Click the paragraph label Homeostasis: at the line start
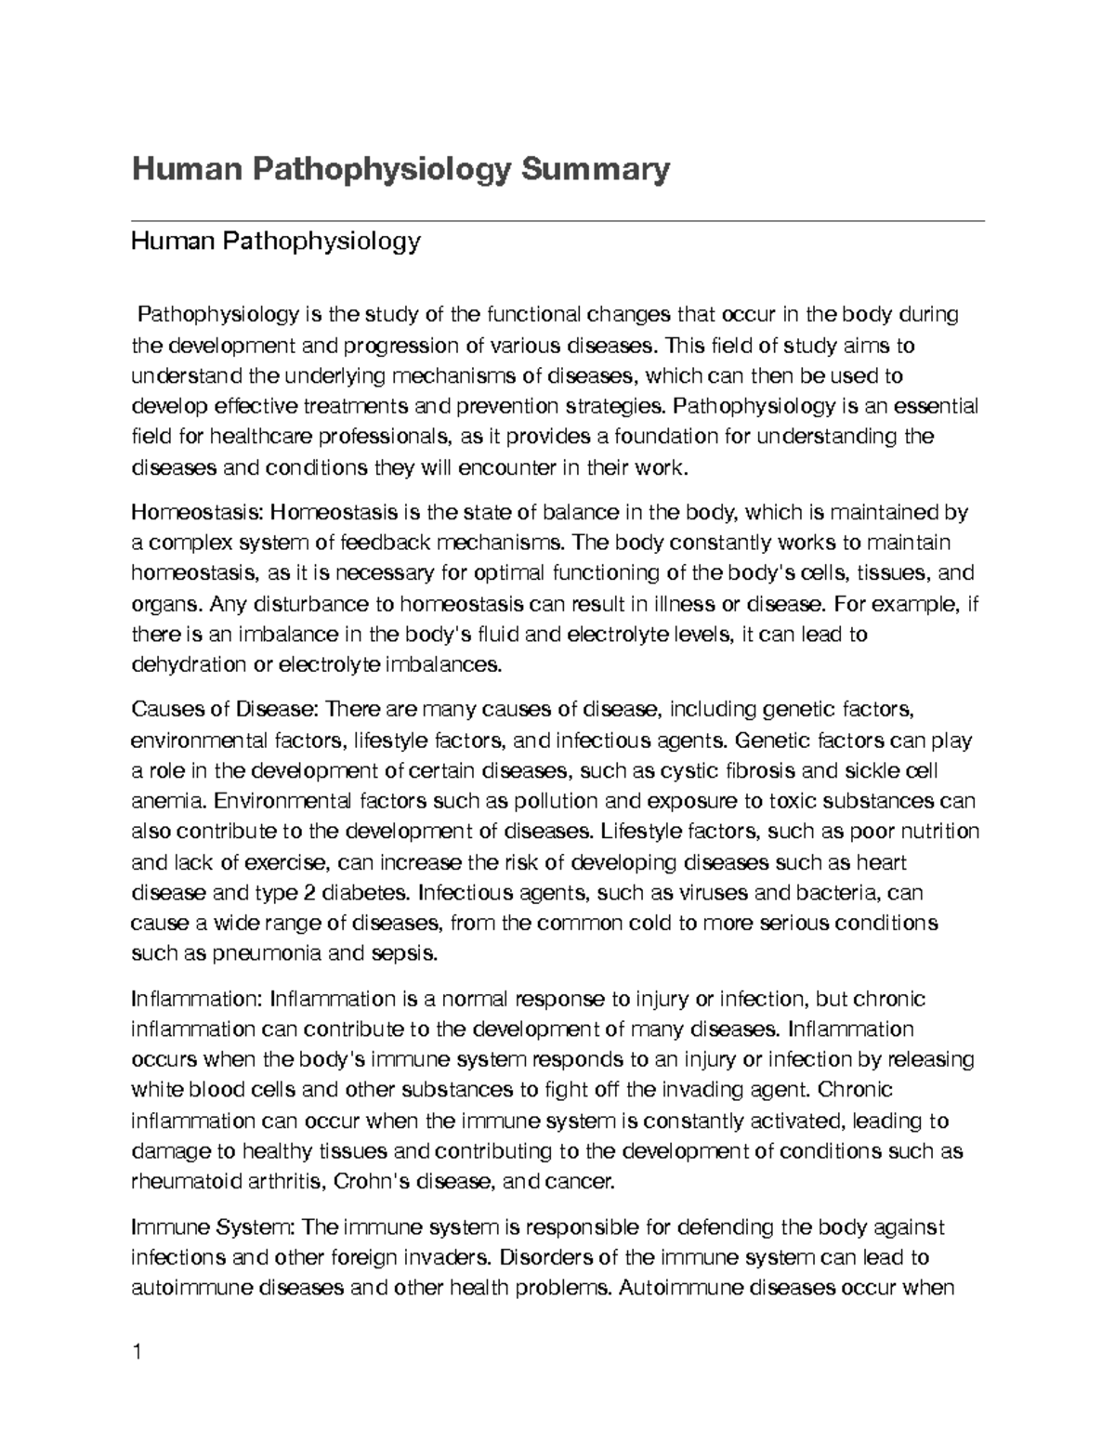[x=197, y=512]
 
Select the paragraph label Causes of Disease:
[x=226, y=710]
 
